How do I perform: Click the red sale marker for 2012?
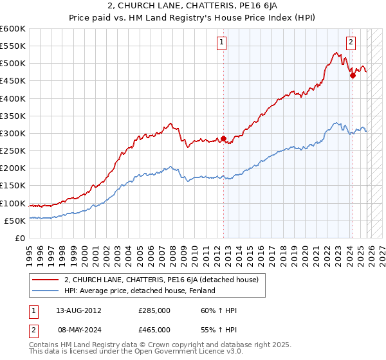pos(223,138)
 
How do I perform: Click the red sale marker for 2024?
pos(353,76)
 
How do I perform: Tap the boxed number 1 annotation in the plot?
pos(221,43)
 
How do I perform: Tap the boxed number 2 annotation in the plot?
pos(351,43)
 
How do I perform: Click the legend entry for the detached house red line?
pos(161,280)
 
